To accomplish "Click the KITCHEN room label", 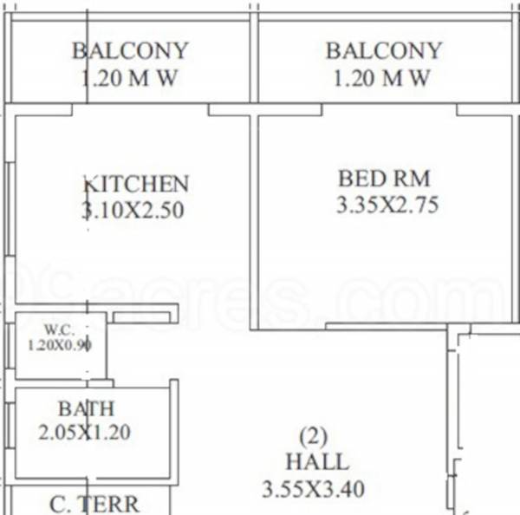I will [x=136, y=184].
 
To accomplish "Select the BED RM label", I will [x=384, y=179].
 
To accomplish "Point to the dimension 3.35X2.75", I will [x=387, y=205].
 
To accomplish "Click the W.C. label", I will [x=60, y=330].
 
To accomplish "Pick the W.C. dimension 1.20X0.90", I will [x=61, y=344].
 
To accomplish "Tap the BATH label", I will [x=86, y=407].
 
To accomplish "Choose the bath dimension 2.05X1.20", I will [x=84, y=431].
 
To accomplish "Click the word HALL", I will [x=316, y=462].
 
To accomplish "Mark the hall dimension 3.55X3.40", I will [x=313, y=489].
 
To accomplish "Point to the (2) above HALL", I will [x=314, y=435].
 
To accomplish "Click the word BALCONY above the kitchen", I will [x=130, y=51].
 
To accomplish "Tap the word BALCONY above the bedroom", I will [x=384, y=51].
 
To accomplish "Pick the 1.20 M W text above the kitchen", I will [x=129, y=79].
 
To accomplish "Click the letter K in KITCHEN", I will [x=90, y=184].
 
